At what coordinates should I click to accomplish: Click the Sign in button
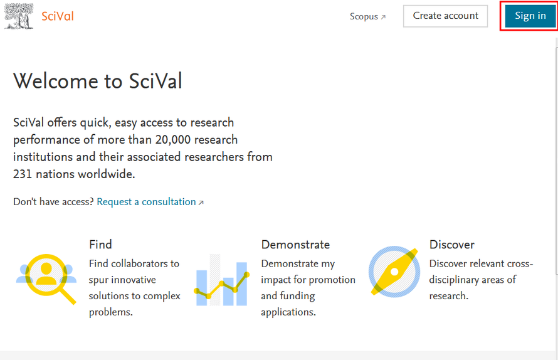tap(530, 16)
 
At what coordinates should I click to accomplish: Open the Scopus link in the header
tap(367, 16)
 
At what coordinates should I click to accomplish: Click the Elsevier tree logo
tap(19, 16)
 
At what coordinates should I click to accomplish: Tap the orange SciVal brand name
tap(58, 16)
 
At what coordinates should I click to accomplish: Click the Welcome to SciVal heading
tap(98, 81)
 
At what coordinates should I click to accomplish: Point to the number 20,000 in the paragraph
tap(173, 140)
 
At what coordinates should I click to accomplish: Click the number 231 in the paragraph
tap(23, 174)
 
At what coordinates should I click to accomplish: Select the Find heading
tap(100, 245)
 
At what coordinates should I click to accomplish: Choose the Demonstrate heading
tap(295, 245)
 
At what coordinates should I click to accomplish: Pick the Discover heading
tap(452, 245)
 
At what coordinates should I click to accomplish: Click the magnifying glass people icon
tap(46, 279)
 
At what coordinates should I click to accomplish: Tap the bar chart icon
tap(222, 280)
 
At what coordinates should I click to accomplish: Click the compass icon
tap(394, 272)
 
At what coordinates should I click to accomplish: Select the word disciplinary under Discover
tap(454, 280)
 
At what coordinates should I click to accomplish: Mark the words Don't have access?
tap(53, 202)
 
